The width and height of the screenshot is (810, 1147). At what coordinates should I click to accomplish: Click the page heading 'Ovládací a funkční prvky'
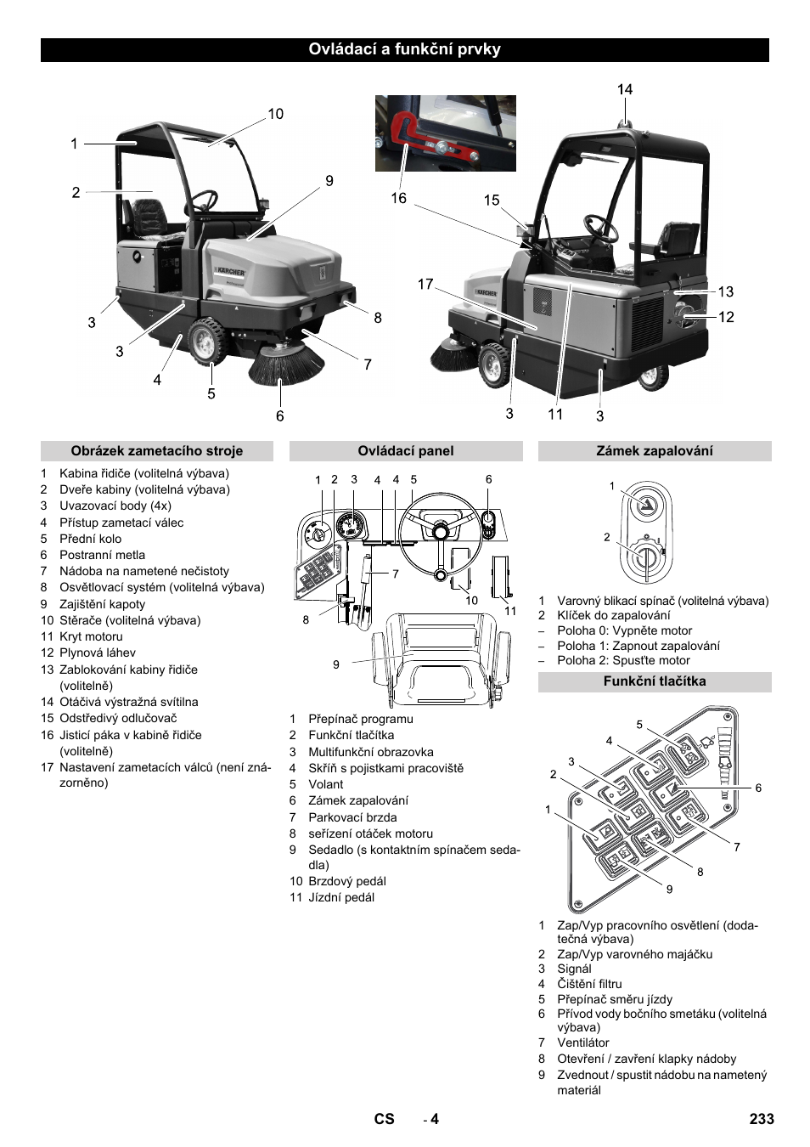[404, 49]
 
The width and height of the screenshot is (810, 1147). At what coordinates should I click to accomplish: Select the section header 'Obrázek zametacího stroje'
[156, 451]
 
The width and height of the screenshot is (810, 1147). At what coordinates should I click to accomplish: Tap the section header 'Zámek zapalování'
[654, 451]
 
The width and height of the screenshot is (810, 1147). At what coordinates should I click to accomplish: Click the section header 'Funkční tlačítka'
[654, 681]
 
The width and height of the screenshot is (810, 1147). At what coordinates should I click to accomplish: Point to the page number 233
[762, 1119]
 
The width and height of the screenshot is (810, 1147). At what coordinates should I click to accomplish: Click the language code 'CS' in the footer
[384, 1119]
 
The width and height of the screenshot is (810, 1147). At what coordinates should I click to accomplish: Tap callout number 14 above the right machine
[625, 89]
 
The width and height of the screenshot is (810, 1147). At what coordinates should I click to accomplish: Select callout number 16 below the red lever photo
[398, 198]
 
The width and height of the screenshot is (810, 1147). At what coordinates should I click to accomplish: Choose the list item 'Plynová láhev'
[97, 653]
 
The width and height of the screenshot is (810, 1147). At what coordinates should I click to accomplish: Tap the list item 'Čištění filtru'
[589, 984]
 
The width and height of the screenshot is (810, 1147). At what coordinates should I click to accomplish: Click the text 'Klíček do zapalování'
[613, 615]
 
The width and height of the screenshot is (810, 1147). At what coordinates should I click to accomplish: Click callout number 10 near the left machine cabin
[276, 114]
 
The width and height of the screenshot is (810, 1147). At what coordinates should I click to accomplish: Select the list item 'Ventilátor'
[582, 1042]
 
